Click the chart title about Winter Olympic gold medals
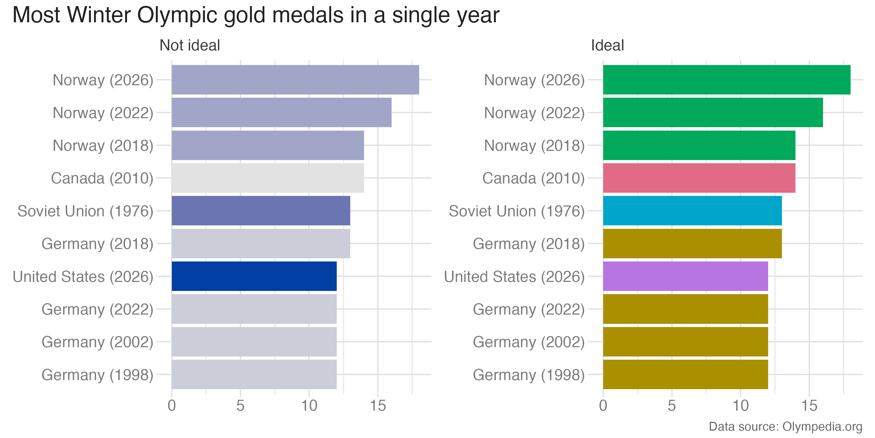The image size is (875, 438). pyautogui.click(x=255, y=16)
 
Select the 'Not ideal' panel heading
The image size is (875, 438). pyautogui.click(x=190, y=45)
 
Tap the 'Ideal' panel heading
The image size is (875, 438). pyautogui.click(x=607, y=45)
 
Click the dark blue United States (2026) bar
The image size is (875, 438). pyautogui.click(x=254, y=276)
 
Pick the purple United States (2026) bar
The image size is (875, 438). pyautogui.click(x=685, y=276)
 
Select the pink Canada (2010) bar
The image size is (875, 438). pyautogui.click(x=699, y=178)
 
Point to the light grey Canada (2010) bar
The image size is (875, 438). pyautogui.click(x=268, y=178)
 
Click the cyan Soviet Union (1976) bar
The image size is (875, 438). pyautogui.click(x=692, y=211)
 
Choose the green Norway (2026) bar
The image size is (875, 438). pyautogui.click(x=727, y=80)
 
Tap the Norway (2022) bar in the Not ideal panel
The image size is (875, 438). pyautogui.click(x=281, y=112)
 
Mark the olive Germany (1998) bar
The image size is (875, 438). pyautogui.click(x=685, y=374)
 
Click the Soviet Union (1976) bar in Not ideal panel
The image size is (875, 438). pyautogui.click(x=261, y=211)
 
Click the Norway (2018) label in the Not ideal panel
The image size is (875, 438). pyautogui.click(x=103, y=145)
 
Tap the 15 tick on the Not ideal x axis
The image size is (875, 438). pyautogui.click(x=378, y=406)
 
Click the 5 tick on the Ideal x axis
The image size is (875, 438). pyautogui.click(x=672, y=406)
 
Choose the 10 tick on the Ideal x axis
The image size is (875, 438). pyautogui.click(x=741, y=406)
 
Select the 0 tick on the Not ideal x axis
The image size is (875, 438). pyautogui.click(x=172, y=406)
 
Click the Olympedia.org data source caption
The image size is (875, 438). pyautogui.click(x=785, y=426)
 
